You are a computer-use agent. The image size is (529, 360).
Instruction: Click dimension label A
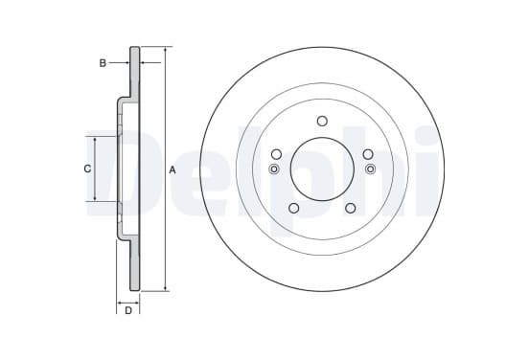(172, 170)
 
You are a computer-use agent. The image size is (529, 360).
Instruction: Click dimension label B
(103, 63)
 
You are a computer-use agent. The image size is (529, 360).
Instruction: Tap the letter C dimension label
(87, 169)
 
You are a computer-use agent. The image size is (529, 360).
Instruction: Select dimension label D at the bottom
(128, 310)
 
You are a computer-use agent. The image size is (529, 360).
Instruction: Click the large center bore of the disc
(322, 169)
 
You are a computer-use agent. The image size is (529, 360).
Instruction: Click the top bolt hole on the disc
(322, 121)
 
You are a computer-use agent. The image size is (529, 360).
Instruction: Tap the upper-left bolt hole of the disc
(276, 154)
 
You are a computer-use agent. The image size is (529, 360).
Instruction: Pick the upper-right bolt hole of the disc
(368, 154)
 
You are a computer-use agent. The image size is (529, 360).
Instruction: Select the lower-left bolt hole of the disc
(294, 208)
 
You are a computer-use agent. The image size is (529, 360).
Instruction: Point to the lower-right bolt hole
(351, 208)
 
